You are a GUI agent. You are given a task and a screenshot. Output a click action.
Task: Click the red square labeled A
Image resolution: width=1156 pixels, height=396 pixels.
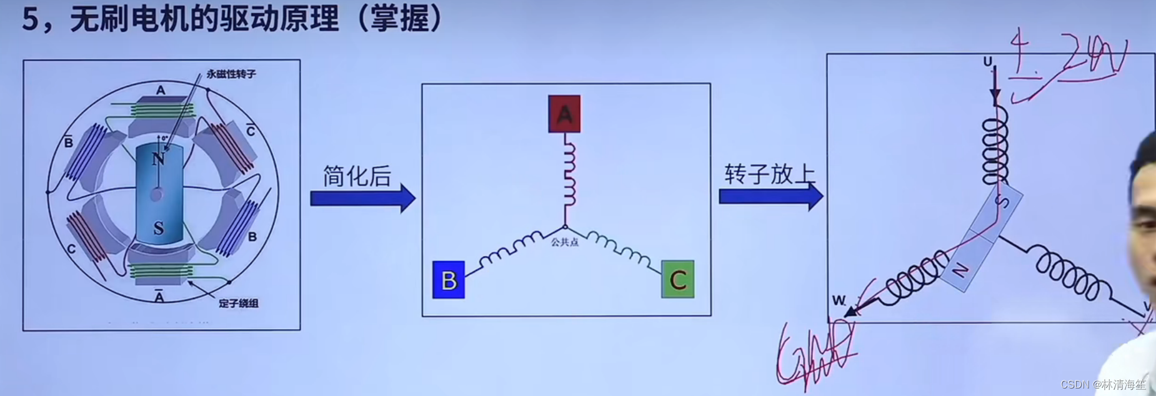coord(564,114)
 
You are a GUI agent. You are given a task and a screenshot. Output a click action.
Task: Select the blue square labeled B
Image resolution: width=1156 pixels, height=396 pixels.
coord(449,280)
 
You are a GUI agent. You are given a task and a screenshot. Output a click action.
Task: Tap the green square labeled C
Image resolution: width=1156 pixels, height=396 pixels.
coord(678,280)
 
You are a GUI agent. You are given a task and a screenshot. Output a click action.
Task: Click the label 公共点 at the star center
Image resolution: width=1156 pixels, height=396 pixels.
coord(564,242)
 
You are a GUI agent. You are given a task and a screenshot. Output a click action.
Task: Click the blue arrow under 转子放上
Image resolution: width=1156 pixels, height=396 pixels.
coord(770,196)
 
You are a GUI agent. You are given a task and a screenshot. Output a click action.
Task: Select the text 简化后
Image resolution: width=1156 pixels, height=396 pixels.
coord(357,176)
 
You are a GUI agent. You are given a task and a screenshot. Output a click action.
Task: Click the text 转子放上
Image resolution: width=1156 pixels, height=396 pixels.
coord(770,174)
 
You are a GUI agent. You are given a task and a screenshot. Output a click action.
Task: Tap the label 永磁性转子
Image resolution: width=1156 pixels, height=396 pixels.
coord(231,74)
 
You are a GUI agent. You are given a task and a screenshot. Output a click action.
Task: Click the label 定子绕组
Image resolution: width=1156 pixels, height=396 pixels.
coord(238,303)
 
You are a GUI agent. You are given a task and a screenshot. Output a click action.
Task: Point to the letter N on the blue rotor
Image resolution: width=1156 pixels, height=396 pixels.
coord(159,159)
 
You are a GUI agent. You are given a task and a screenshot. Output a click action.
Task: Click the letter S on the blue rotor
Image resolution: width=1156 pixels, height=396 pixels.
coord(159,228)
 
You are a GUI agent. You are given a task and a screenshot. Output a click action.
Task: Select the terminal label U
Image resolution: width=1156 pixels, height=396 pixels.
coord(987,62)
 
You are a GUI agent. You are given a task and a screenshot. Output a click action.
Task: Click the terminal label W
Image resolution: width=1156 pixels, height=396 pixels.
coord(838,301)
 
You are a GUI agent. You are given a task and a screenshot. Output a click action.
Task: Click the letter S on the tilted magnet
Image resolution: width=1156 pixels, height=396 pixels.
coord(1002,201)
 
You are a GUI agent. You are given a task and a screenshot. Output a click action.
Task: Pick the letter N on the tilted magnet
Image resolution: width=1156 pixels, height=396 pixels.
coord(960,270)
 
